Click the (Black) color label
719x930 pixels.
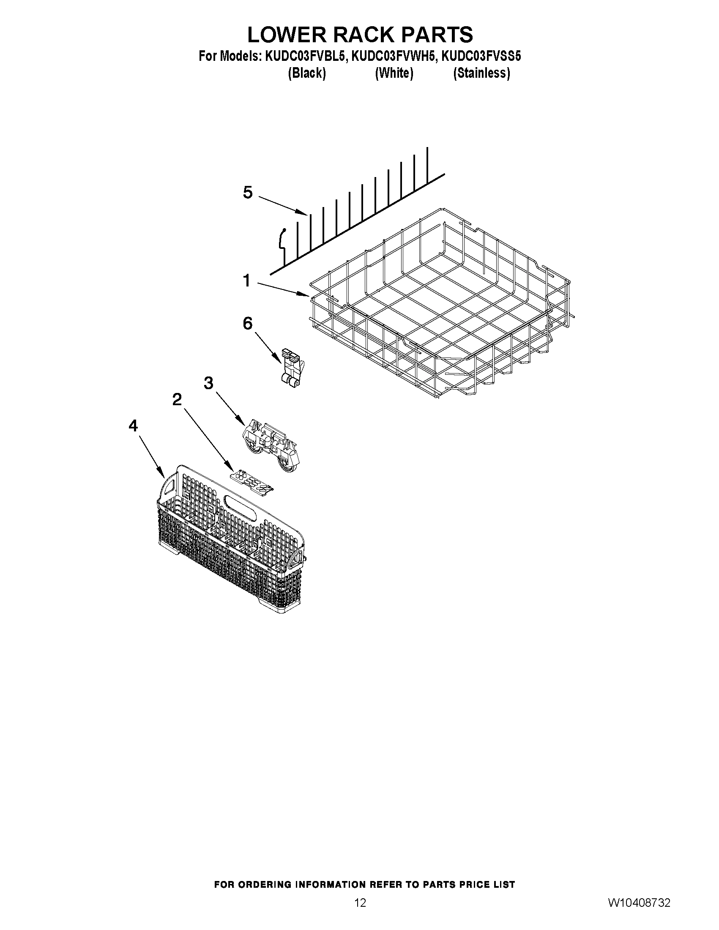(307, 73)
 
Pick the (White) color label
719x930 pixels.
(394, 73)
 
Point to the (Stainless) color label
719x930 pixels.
(481, 73)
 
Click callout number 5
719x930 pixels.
(247, 193)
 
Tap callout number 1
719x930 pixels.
(246, 281)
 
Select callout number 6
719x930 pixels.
(247, 324)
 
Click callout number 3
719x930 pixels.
(208, 383)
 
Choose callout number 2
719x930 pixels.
(177, 399)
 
